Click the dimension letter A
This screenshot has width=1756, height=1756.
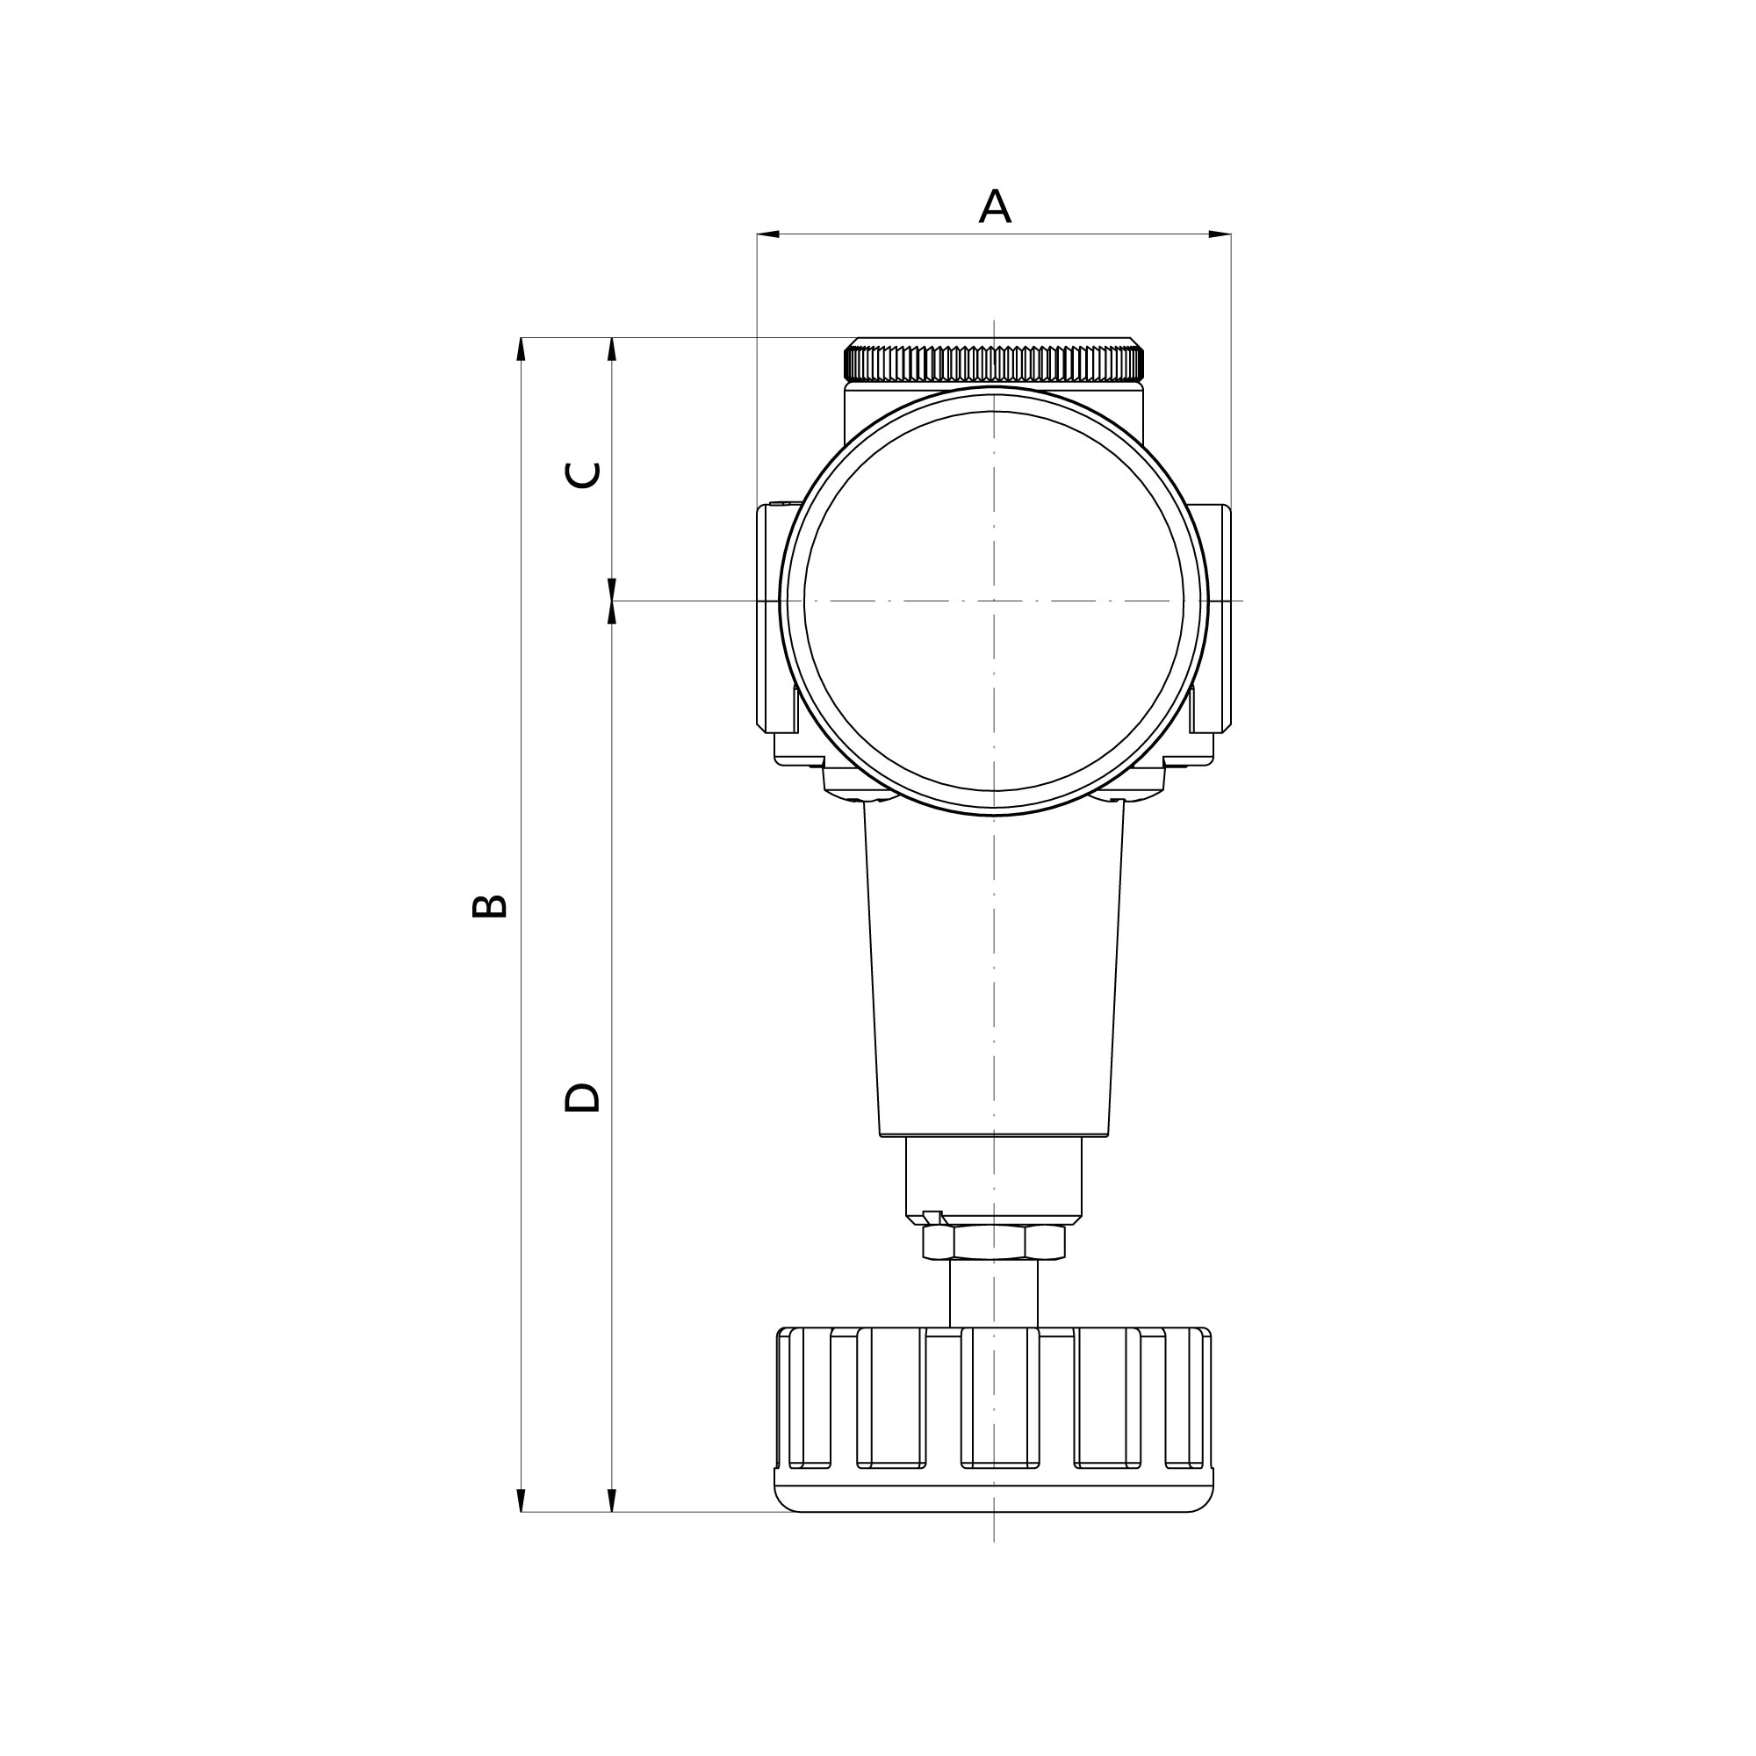995,207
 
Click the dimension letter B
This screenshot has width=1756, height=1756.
490,905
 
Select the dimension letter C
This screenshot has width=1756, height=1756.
583,474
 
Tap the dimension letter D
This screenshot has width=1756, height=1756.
582,1098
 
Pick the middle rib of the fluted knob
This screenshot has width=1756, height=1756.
1000,1397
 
